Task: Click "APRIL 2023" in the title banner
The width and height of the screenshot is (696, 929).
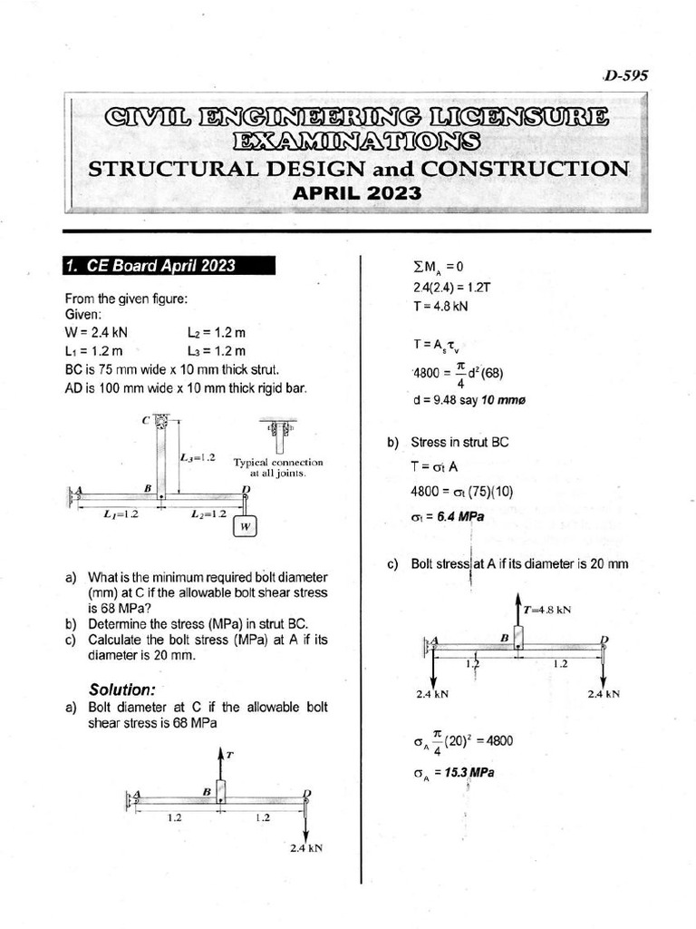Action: (356, 193)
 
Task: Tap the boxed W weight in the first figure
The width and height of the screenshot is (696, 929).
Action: (245, 526)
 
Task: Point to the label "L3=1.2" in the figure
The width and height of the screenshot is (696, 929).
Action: (198, 457)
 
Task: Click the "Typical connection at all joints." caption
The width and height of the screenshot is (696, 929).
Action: (277, 467)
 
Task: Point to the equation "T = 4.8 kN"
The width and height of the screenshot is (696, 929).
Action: (440, 307)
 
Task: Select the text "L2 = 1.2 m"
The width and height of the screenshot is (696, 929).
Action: (217, 333)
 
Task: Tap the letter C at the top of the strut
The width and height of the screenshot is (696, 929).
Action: (145, 420)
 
